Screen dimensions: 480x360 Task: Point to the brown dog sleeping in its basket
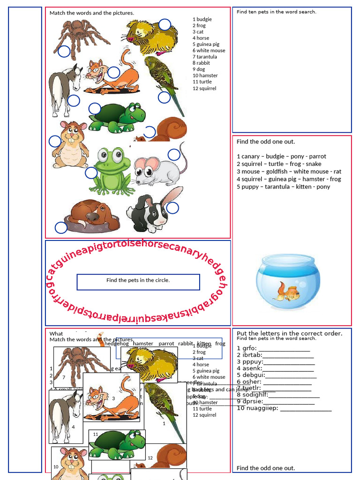point(93,215)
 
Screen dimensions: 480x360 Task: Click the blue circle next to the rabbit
point(172,208)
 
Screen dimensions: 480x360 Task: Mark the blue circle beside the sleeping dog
point(61,228)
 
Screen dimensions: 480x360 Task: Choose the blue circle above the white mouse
point(174,155)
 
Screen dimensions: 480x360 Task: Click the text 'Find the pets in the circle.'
point(138,280)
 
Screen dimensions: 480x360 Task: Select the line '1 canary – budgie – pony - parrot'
point(281,157)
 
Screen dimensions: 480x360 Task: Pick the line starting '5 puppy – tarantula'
point(283,187)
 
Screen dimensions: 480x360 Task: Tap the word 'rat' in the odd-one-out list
point(337,172)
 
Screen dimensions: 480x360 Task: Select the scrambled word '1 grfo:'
point(247,348)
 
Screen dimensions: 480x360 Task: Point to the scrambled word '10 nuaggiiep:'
point(257,408)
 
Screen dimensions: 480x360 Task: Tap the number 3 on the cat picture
point(113,398)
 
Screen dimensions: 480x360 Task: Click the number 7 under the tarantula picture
point(63,377)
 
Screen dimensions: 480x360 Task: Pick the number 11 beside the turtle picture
point(96,435)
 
